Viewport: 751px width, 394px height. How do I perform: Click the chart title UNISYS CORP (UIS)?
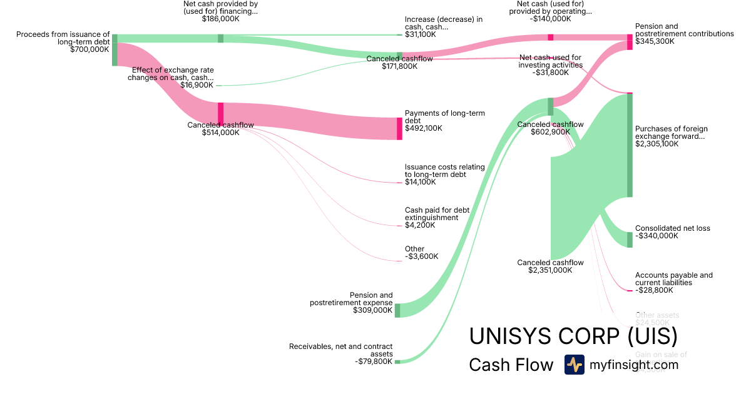pyautogui.click(x=573, y=336)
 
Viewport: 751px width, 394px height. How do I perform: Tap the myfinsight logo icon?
pyautogui.click(x=574, y=365)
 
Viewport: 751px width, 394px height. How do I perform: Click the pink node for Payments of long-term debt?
pyautogui.click(x=399, y=128)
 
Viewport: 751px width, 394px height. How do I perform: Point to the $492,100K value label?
pyautogui.click(x=424, y=128)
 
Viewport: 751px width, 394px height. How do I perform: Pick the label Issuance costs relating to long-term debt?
pyautogui.click(x=444, y=171)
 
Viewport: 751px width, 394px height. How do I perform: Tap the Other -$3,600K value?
pyautogui.click(x=421, y=256)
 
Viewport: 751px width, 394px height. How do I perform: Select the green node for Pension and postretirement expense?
pyautogui.click(x=397, y=310)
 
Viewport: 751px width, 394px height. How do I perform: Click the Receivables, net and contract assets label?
pyautogui.click(x=340, y=350)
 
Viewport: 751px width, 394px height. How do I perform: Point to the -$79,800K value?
pyautogui.click(x=373, y=361)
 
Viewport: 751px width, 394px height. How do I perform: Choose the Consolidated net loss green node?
pyautogui.click(x=630, y=240)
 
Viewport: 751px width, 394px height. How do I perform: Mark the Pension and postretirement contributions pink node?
pyautogui.click(x=630, y=42)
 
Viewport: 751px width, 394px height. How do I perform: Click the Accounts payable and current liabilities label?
pyautogui.click(x=673, y=279)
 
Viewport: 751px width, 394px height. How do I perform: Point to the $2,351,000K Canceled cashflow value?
pyautogui.click(x=550, y=271)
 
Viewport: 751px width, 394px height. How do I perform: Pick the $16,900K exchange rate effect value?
pyautogui.click(x=197, y=85)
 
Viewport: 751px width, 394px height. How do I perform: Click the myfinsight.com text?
pyautogui.click(x=634, y=365)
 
